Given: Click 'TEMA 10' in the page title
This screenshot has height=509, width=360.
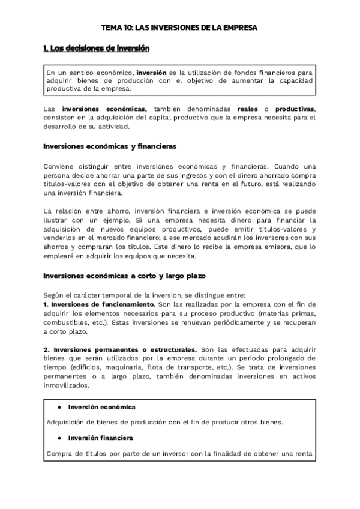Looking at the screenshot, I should pyautogui.click(x=115, y=28).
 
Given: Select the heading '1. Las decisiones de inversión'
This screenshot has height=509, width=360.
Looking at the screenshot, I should pyautogui.click(x=97, y=49).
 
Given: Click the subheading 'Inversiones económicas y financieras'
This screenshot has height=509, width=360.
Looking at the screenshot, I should pyautogui.click(x=110, y=146).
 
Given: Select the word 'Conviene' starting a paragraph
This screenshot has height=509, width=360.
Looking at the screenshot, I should pyautogui.click(x=61, y=166).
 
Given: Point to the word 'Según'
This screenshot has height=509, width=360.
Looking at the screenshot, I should pyautogui.click(x=53, y=295).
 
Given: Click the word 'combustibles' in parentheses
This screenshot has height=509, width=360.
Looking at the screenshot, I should pyautogui.click(x=67, y=322).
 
